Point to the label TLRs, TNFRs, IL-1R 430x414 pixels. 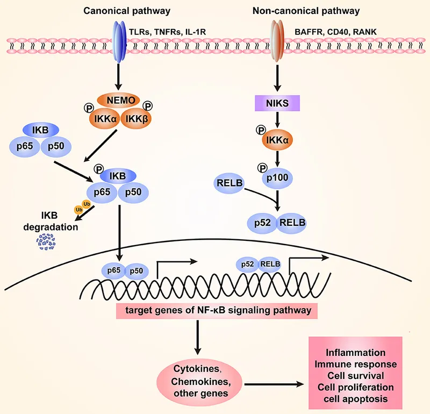pos(164,32)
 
